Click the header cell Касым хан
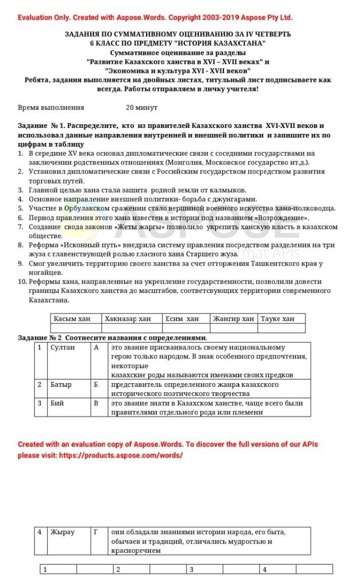coord(72,319)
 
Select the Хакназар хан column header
coord(127,319)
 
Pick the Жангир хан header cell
coord(233,319)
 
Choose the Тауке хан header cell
coord(277,319)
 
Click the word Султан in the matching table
coord(63,347)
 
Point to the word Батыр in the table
coord(61,385)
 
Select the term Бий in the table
coord(57,403)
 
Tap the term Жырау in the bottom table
coord(62,532)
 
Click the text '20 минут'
coord(142,108)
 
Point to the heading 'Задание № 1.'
coord(41,125)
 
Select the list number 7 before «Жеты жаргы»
coord(20,227)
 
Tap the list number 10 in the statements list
coord(22,282)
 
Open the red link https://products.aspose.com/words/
coord(120,455)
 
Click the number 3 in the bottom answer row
coord(192,570)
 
